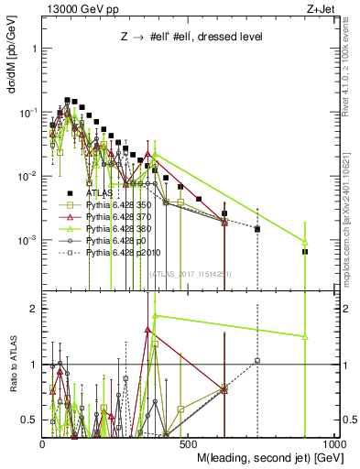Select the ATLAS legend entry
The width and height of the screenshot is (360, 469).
100,194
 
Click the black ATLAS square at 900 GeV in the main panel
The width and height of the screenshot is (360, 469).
305,251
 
